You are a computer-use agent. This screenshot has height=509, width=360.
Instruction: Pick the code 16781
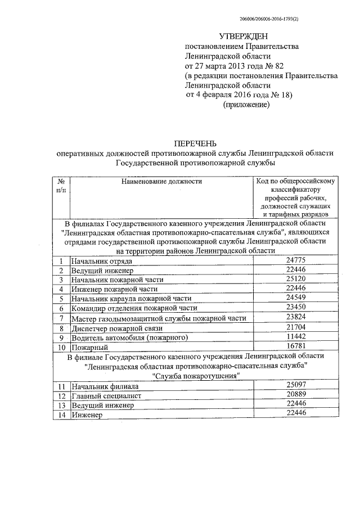point(295,346)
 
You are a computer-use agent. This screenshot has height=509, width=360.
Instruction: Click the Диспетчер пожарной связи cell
point(108,328)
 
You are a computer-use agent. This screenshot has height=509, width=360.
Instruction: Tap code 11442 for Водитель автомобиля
point(295,336)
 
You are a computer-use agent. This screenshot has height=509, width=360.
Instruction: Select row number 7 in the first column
point(61,318)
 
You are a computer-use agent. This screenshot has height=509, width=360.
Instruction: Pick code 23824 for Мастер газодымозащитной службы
point(295,317)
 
